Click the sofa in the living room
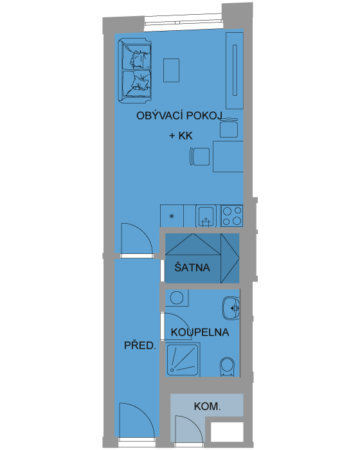pos(134,71)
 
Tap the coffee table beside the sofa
pos(172,70)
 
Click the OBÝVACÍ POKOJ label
pos(179,115)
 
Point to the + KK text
pos(181,136)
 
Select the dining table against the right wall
pos(228,156)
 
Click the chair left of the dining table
pos(199,156)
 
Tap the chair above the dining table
pos(229,128)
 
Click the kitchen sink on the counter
pos(206,216)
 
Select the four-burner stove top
pos(232,216)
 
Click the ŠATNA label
pos(192,267)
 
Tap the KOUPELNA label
pos(200,332)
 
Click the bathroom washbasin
pos(231,308)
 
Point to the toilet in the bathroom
pos(228,367)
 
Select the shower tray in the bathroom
pos(183,359)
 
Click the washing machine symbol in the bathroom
pos(177,298)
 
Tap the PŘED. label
pos(140,345)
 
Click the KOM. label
pos(207,406)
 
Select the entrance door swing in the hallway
pos(137,420)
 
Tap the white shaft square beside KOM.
pos(227,432)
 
